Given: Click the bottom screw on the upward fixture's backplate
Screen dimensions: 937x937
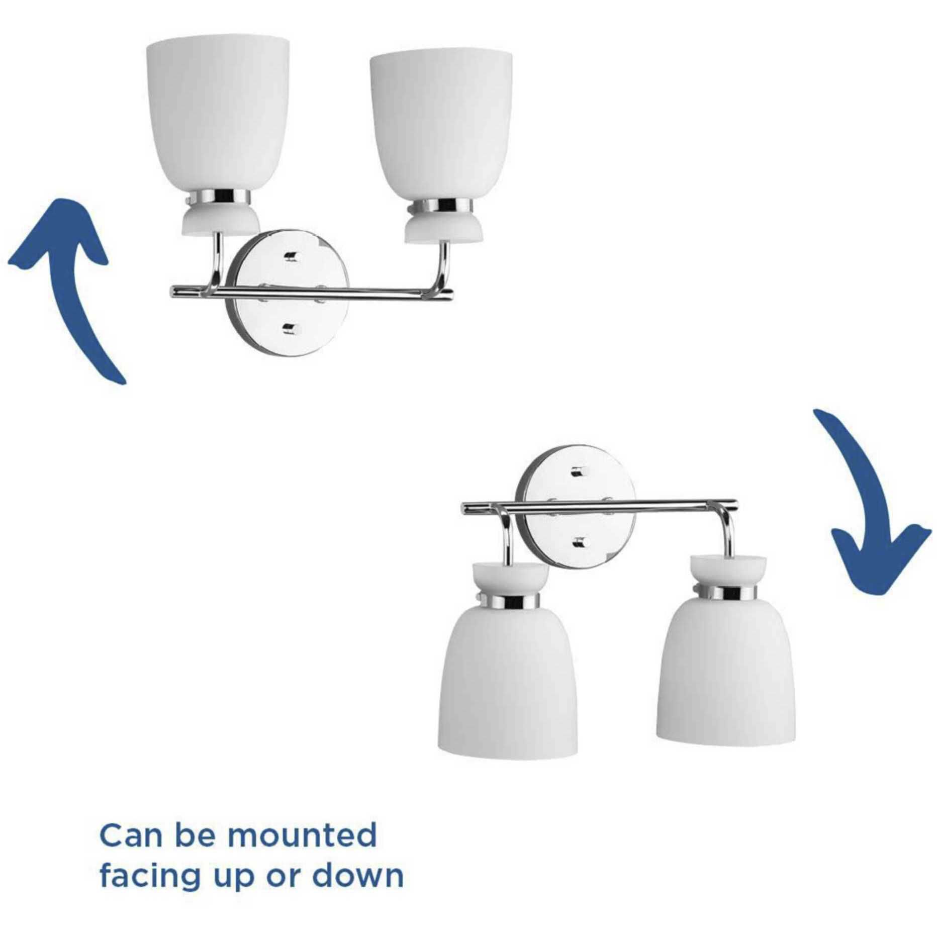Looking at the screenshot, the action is point(290,329).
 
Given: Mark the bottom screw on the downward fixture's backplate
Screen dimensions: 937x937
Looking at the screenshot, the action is point(580,542).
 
